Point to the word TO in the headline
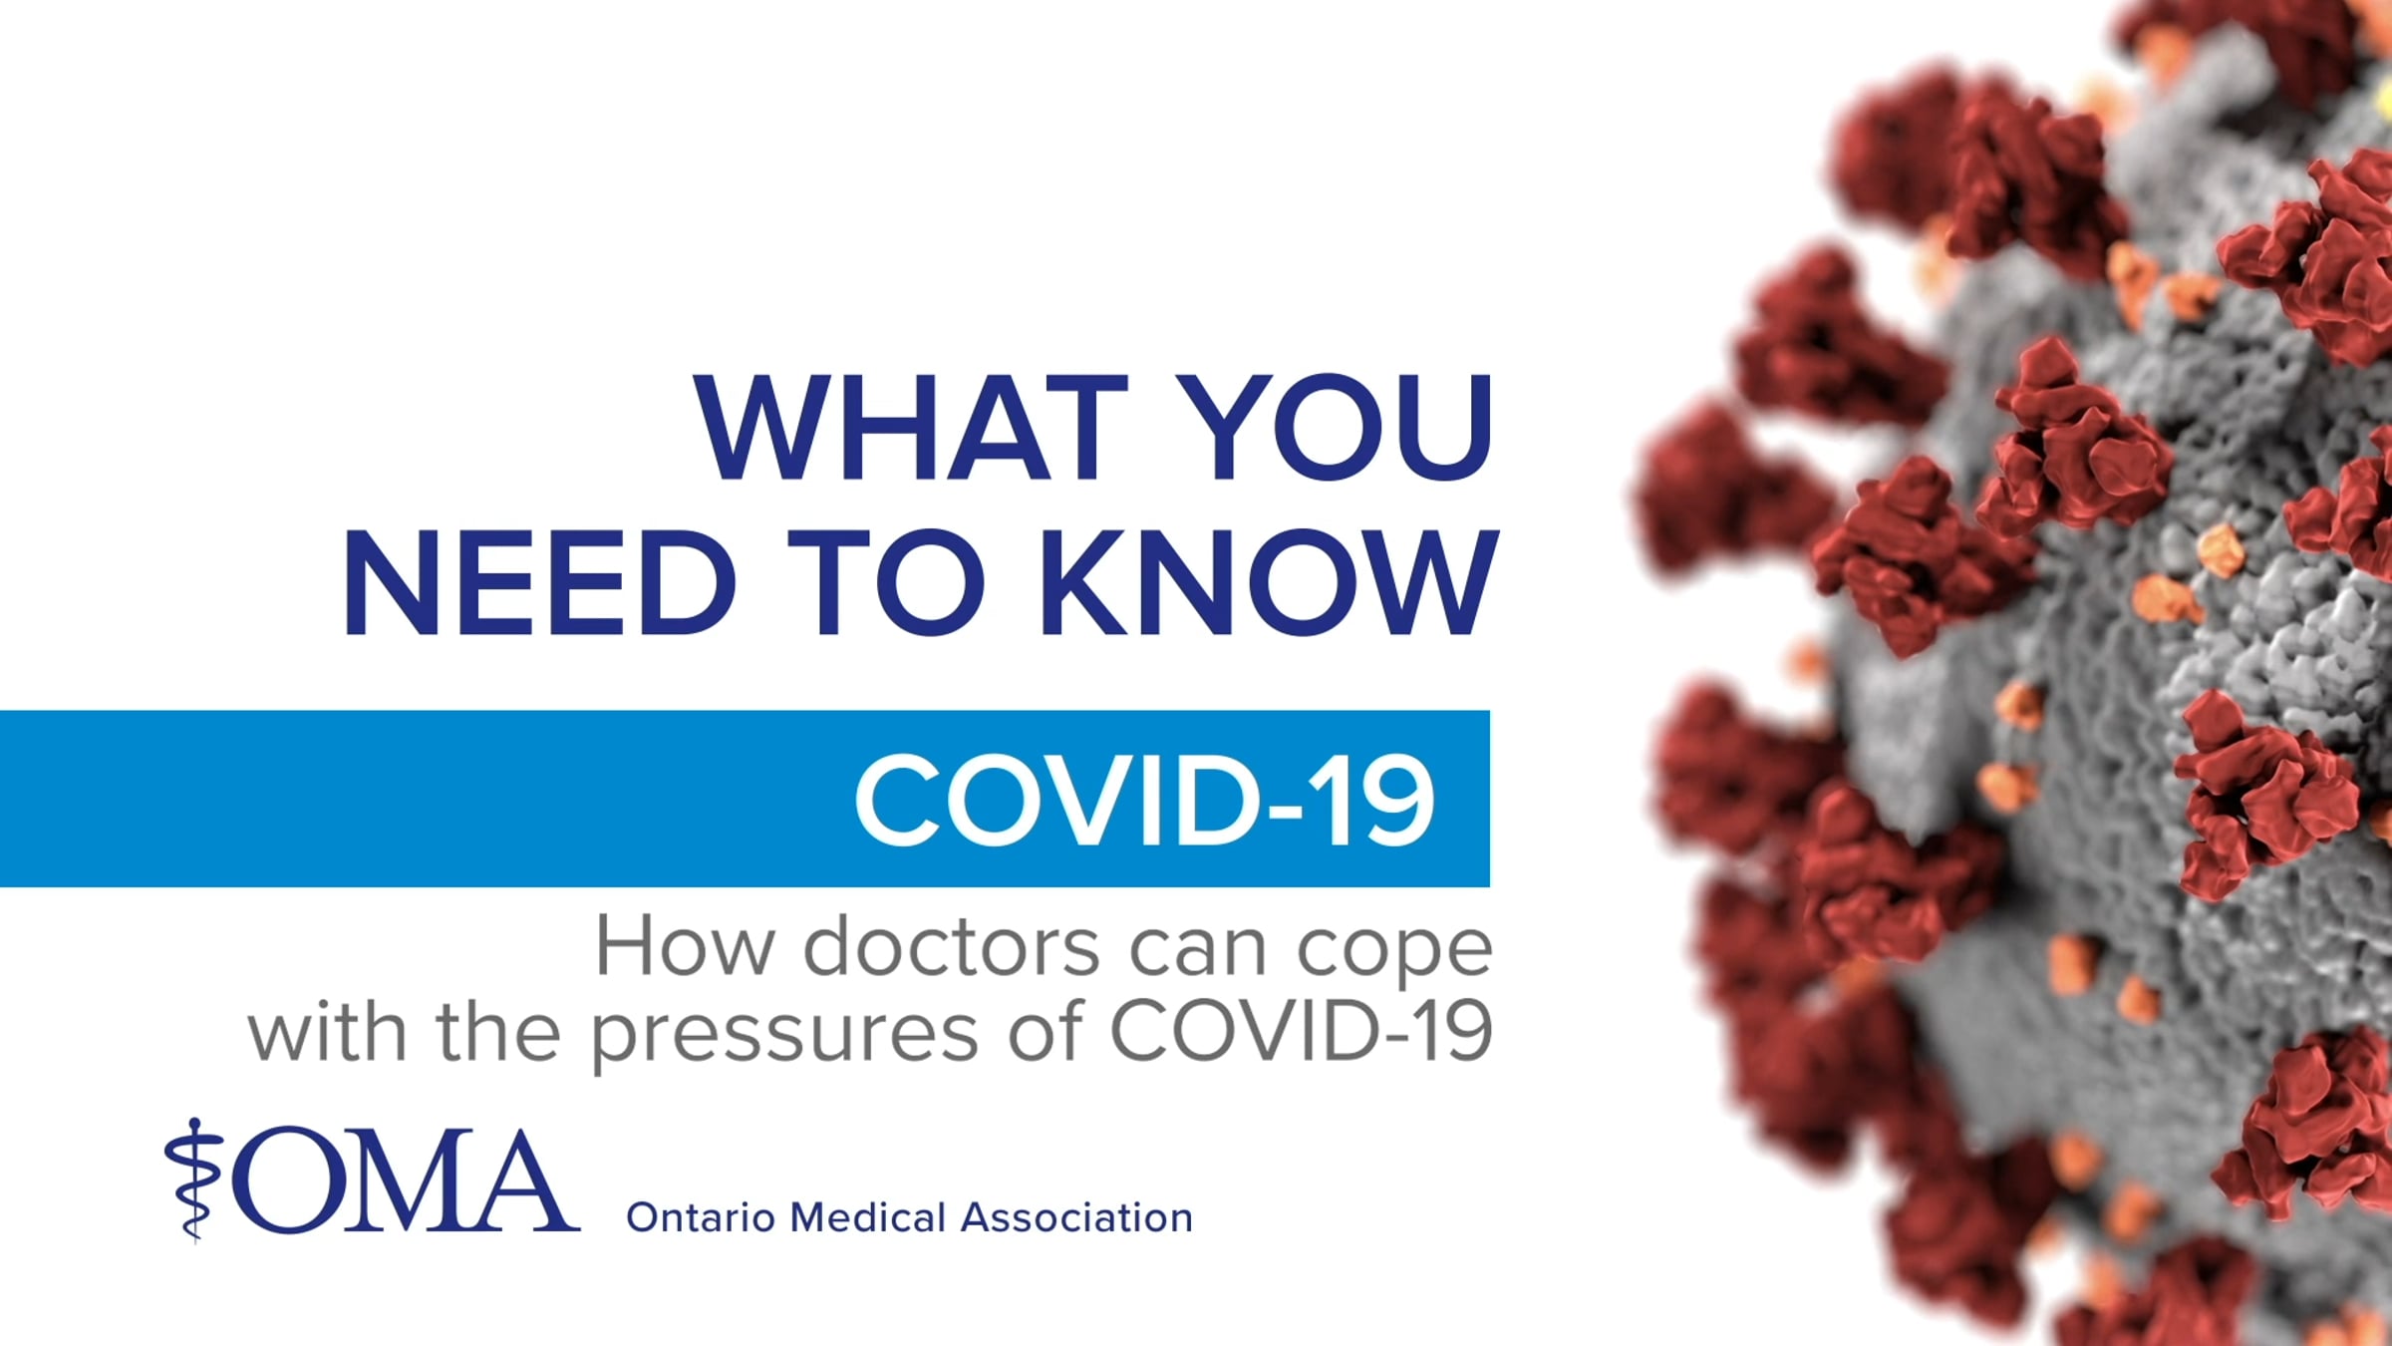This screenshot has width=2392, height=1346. (x=879, y=582)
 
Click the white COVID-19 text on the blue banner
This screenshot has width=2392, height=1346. (x=1144, y=800)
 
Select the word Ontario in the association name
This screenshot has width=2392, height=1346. (x=701, y=1217)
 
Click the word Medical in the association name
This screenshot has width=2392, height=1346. (x=868, y=1217)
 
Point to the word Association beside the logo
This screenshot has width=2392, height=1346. (x=1076, y=1217)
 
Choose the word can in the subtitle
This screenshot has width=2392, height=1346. (x=1197, y=952)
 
